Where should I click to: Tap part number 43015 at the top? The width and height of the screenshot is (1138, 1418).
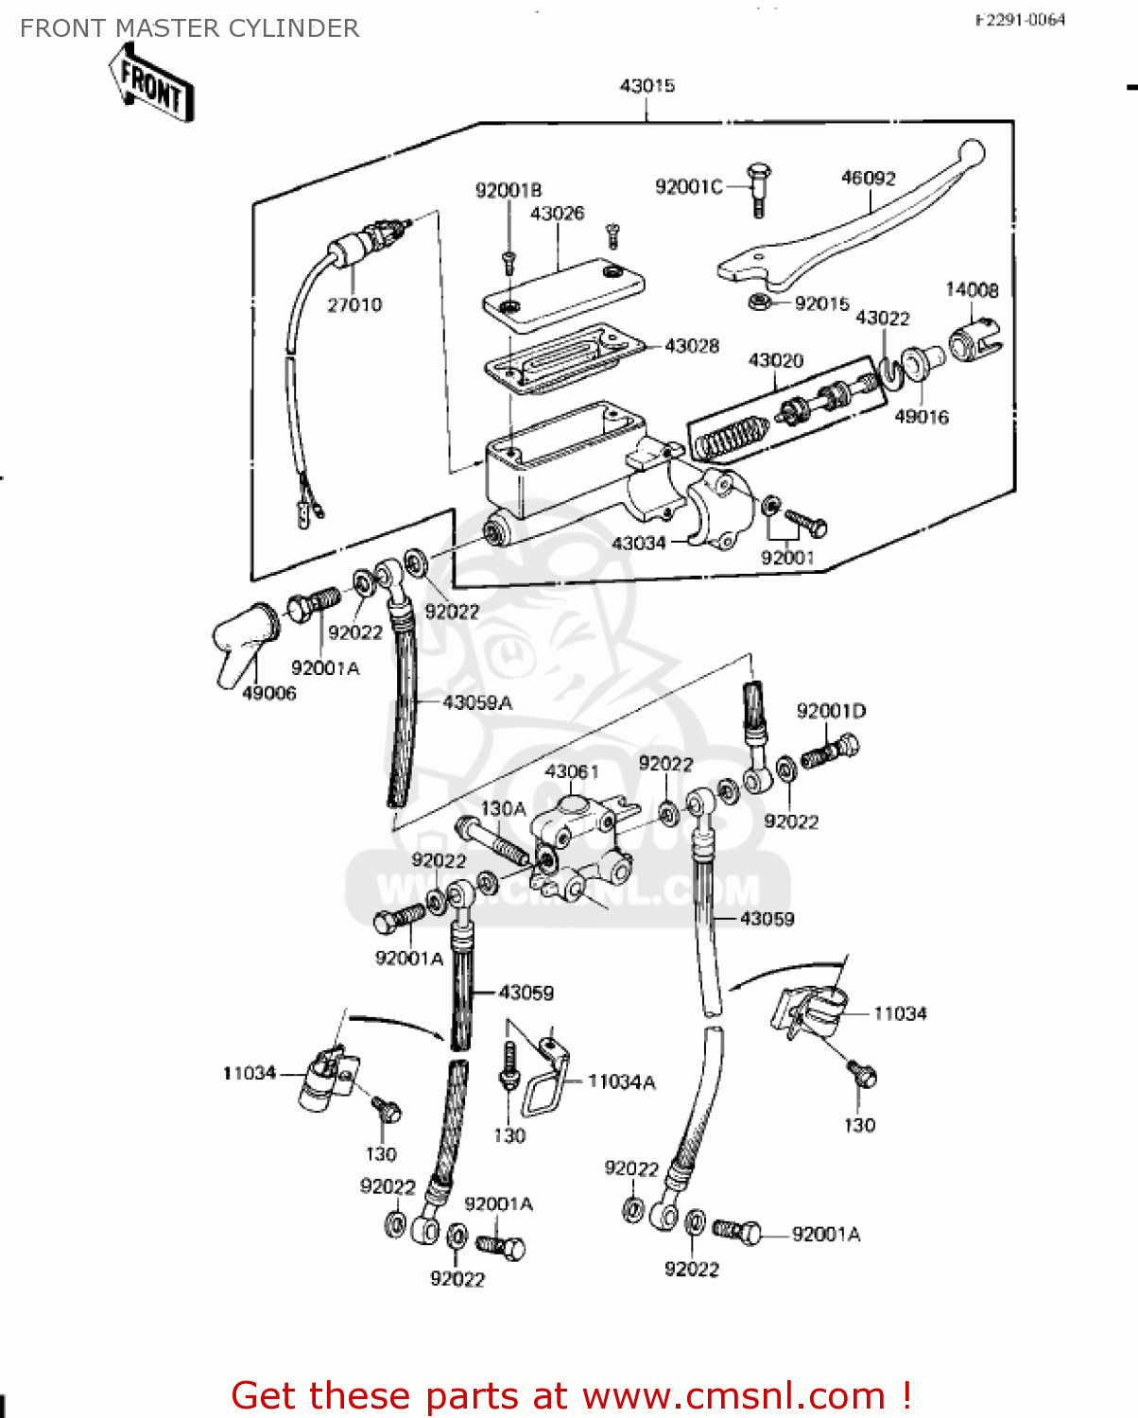point(647,86)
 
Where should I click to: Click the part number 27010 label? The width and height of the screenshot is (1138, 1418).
point(354,304)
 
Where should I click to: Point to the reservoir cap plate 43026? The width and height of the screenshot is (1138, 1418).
point(564,293)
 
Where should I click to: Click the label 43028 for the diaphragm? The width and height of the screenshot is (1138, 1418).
point(691,346)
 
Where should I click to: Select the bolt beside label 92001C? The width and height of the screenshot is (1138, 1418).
point(757,189)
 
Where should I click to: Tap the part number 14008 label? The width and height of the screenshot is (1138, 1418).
point(972,290)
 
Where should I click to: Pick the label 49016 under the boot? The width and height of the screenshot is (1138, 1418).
point(921,417)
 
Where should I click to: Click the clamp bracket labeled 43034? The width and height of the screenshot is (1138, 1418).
point(718,510)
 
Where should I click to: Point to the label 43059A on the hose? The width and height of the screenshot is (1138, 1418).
point(477,702)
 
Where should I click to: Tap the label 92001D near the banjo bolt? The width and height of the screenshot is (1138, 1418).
point(831,711)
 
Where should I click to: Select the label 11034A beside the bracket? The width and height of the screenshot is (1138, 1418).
point(621,1081)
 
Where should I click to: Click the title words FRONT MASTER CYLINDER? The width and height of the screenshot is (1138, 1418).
point(189,28)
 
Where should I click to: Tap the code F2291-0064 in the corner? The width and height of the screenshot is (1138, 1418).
point(1020,20)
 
